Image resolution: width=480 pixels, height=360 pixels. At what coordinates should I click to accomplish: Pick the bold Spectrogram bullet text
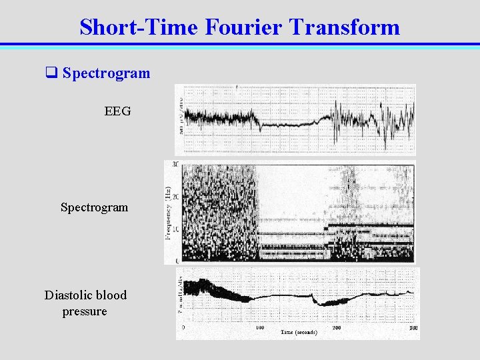[106, 73]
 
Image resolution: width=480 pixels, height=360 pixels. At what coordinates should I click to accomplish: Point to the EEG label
[117, 111]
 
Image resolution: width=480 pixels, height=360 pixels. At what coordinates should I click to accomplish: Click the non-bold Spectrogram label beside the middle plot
[94, 207]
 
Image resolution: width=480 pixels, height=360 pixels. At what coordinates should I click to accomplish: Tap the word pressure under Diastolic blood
[84, 311]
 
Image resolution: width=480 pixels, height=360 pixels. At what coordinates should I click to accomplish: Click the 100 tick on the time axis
[259, 328]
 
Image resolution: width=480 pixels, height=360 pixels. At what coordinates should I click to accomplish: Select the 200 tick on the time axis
[337, 328]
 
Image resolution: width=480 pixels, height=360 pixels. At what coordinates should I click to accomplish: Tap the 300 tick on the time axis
[413, 328]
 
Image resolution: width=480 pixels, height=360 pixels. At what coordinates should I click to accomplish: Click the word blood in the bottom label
[111, 295]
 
